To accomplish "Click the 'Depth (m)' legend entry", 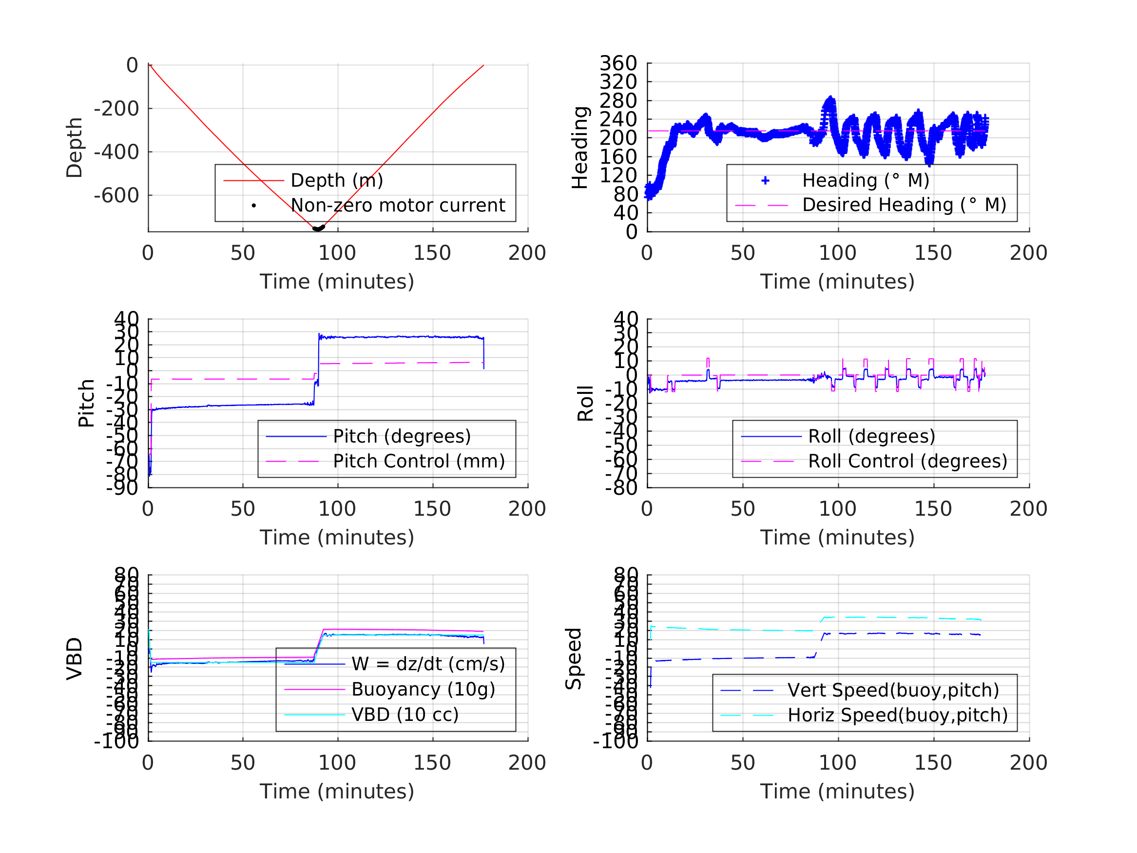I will pyautogui.click(x=337, y=180).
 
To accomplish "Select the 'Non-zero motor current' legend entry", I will pyautogui.click(x=397, y=205).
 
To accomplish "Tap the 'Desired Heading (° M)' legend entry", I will pyautogui.click(x=904, y=205).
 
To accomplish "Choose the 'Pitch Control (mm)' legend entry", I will pyautogui.click(x=419, y=461).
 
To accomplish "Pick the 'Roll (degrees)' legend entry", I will pyautogui.click(x=871, y=436).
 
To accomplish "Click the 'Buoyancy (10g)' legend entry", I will pyautogui.click(x=423, y=689).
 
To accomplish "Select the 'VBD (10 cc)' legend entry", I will pyautogui.click(x=405, y=714).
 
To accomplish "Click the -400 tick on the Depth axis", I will pyautogui.click(x=116, y=152).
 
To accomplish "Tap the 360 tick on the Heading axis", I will pyautogui.click(x=618, y=63).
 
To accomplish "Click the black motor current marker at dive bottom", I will pyautogui.click(x=319, y=228).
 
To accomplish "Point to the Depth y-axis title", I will pyautogui.click(x=75, y=148).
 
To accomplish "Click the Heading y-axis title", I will pyautogui.click(x=580, y=148).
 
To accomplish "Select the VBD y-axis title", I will pyautogui.click(x=75, y=659).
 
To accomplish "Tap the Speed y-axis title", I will pyautogui.click(x=574, y=659).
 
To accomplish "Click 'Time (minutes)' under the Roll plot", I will pyautogui.click(x=837, y=537).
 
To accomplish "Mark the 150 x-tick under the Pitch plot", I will pyautogui.click(x=432, y=509).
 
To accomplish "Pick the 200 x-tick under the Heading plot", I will pyautogui.click(x=1028, y=253).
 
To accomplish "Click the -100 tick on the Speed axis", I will pyautogui.click(x=615, y=741).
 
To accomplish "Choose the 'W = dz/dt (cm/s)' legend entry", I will pyautogui.click(x=428, y=664).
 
